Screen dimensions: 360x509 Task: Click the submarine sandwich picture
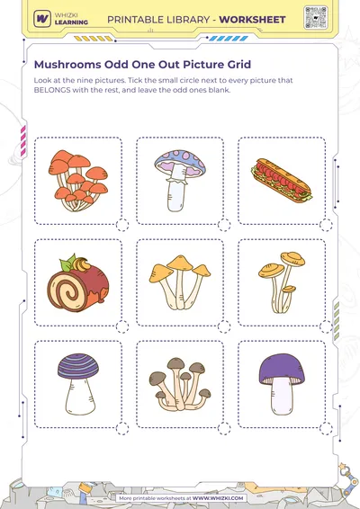coord(282,181)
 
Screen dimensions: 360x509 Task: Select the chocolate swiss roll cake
coord(78,283)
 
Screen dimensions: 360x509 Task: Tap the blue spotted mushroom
coord(180,181)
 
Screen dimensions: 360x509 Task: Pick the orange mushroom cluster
coord(78,181)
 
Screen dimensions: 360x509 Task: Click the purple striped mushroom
coord(78,384)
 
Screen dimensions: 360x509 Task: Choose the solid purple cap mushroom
coord(282,384)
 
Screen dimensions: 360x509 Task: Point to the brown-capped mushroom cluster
coord(180,385)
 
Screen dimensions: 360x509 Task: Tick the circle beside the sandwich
coord(326,225)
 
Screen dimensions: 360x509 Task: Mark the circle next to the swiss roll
coord(122,326)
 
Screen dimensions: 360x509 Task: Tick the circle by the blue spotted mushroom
coord(224,225)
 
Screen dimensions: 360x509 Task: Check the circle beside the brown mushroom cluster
coord(224,428)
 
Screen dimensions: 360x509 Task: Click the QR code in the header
coord(316,17)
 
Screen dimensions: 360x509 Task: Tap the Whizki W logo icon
coord(42,19)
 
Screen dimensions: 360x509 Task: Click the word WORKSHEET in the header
coord(252,20)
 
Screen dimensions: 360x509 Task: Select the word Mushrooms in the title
coord(67,64)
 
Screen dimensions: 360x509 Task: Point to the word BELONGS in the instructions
coord(52,90)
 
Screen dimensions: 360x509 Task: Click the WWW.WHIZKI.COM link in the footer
coord(218,498)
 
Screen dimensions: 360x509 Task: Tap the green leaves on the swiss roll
coord(67,263)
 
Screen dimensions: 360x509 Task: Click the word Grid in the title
coord(239,64)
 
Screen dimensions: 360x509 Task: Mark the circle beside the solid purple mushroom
coord(326,428)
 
